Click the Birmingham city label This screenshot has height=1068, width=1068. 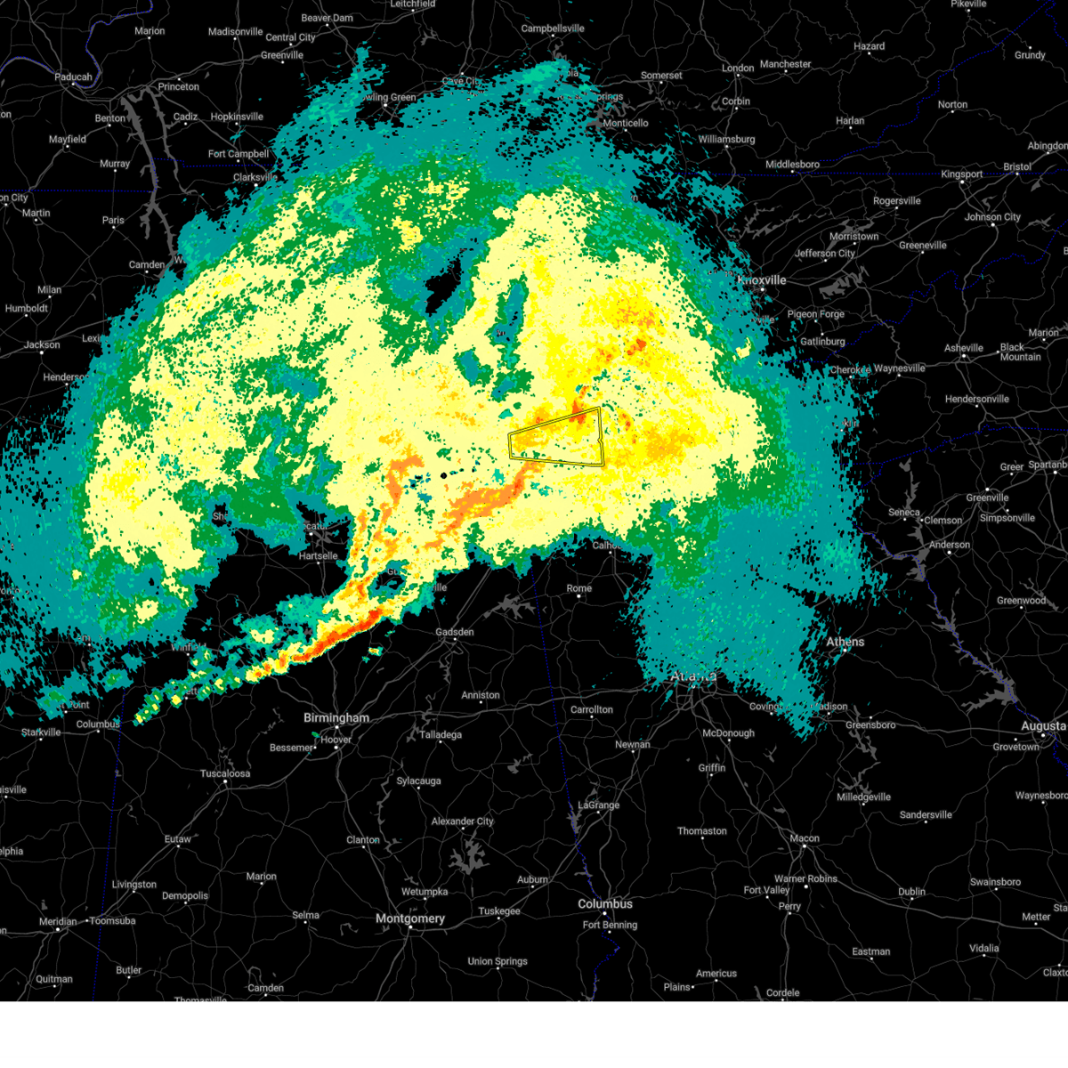click(x=336, y=718)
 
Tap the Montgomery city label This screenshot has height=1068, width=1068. click(x=409, y=918)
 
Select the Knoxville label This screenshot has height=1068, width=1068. click(x=763, y=280)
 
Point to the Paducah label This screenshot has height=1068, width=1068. click(x=73, y=77)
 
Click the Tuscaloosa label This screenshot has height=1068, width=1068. click(x=225, y=773)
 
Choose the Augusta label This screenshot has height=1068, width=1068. click(x=1042, y=726)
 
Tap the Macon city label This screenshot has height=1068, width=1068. click(x=805, y=838)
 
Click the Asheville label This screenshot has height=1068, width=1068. click(x=964, y=348)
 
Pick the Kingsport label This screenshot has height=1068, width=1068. click(x=961, y=174)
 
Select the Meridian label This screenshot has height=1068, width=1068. click(x=58, y=921)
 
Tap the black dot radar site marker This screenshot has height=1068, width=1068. click(x=443, y=475)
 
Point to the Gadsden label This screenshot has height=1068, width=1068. click(x=455, y=632)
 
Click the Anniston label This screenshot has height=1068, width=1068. click(x=481, y=695)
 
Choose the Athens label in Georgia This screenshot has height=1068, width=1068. click(x=845, y=642)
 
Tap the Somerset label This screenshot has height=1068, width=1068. click(x=661, y=76)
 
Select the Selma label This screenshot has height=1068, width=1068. click(x=305, y=915)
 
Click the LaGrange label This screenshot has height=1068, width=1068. click(x=598, y=805)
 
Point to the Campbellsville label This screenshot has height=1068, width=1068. click(x=553, y=28)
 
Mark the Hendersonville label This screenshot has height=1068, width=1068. click(x=976, y=399)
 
